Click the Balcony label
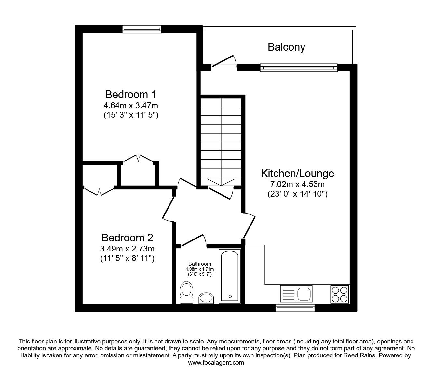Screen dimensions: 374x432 coord(286,47)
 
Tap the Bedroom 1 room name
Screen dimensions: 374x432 coord(130,95)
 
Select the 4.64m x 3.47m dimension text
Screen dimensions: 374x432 coord(130,106)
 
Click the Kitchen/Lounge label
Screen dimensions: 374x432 coord(297,173)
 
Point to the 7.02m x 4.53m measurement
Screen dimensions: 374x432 coord(297,184)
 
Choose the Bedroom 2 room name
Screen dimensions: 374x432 coord(127,238)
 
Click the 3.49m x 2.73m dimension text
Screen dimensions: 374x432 coord(127,249)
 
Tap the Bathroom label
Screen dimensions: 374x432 coord(200,264)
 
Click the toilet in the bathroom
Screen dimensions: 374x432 coord(186,292)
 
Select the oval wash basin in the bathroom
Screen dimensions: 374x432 coord(206,298)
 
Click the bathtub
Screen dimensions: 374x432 coord(230,276)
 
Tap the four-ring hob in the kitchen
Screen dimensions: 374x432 coord(340,294)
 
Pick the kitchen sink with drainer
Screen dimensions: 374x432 coord(296,294)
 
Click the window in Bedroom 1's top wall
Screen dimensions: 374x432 coord(142,30)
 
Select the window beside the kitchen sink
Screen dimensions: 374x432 coord(295,308)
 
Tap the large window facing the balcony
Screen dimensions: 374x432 coord(298,68)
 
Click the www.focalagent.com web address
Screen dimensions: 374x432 coord(216,363)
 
